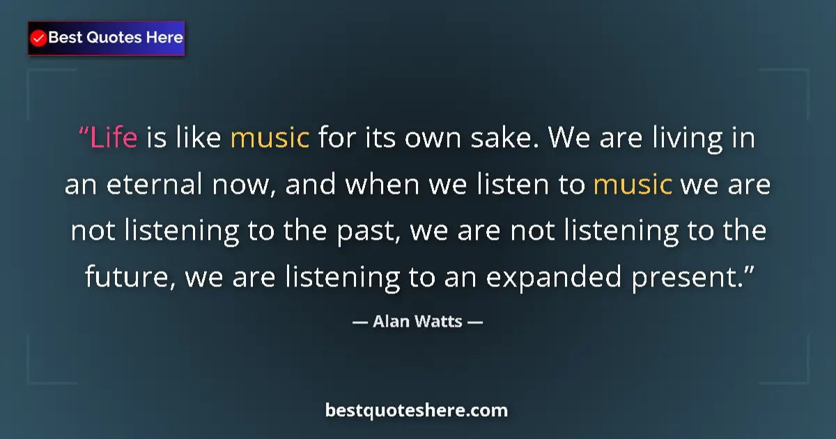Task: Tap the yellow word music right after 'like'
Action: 270,138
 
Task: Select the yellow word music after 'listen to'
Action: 633,185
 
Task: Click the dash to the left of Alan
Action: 359,322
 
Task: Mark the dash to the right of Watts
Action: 475,322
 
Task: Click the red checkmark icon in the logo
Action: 39,38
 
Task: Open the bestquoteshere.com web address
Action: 417,410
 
